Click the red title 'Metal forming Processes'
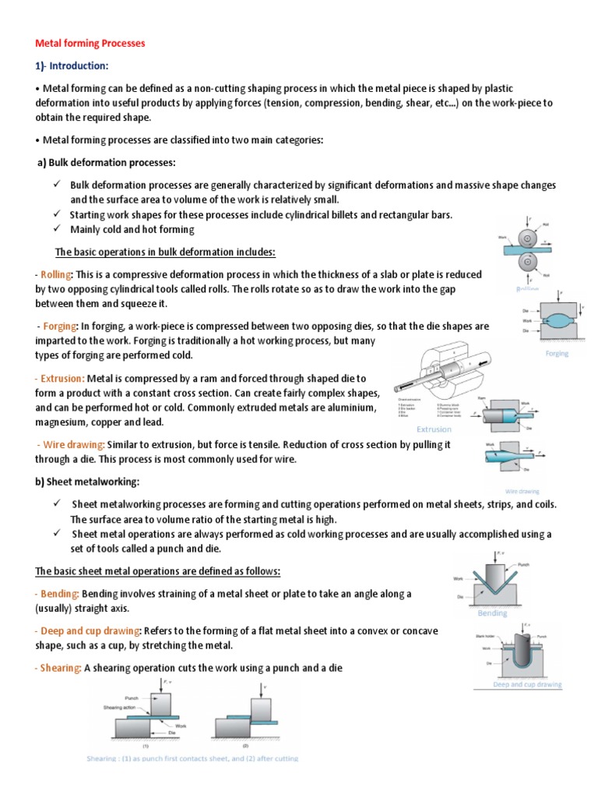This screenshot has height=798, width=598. pos(90,44)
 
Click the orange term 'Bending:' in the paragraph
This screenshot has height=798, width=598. pos(58,594)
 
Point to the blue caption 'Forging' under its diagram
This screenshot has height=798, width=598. pos(557,353)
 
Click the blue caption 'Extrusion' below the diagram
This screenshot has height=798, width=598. pos(434,429)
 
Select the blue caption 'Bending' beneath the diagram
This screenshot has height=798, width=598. pos(491,613)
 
